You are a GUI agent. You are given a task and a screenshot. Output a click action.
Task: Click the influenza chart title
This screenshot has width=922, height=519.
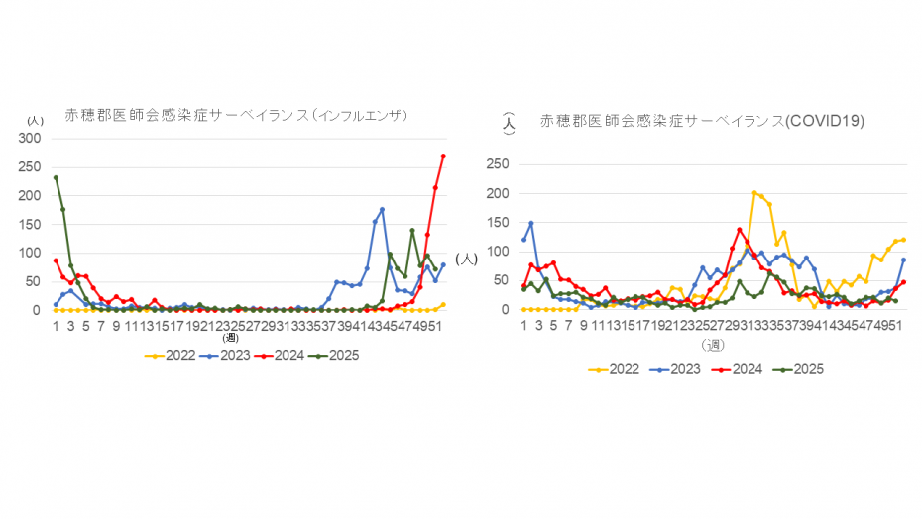(x=238, y=116)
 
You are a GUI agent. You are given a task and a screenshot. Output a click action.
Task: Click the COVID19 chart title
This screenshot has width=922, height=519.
(x=702, y=122)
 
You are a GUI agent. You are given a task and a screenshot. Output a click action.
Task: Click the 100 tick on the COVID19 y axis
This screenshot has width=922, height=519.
(x=498, y=253)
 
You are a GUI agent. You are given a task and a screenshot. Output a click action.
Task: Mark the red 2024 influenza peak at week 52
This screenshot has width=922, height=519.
(x=443, y=156)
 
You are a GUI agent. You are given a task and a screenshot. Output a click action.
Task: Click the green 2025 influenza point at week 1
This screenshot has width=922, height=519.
(x=56, y=178)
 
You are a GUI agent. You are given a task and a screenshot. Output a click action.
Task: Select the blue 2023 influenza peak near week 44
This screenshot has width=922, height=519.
(x=382, y=210)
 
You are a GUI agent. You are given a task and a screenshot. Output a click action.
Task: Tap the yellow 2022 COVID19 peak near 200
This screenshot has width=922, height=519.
(x=754, y=193)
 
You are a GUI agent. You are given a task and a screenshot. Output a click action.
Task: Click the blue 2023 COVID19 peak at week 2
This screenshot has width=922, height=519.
(x=531, y=223)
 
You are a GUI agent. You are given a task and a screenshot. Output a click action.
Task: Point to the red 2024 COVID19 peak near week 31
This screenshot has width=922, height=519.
(x=740, y=230)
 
